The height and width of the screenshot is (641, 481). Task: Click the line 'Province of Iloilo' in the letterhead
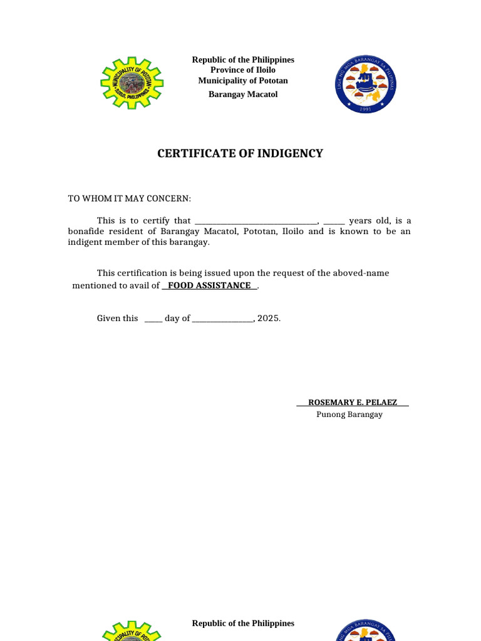coord(242,70)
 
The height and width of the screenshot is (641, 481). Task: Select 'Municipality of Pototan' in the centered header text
coord(243,81)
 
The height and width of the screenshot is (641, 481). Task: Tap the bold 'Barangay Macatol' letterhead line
coord(243,95)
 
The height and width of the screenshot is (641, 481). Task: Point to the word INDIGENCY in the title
coord(290,153)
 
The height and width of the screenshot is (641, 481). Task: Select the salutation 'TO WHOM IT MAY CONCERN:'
coord(130,198)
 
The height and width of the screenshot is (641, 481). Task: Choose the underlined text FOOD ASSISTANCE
coord(209,285)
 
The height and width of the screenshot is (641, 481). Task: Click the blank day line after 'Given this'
coord(153,319)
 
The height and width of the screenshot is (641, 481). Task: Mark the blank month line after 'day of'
coord(222,319)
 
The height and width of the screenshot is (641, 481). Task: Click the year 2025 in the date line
coord(268,318)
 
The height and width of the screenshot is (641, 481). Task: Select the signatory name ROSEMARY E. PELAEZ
coord(353,402)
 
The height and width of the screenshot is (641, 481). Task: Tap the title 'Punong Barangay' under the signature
coord(349,414)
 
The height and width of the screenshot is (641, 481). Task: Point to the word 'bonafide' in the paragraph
coord(85,232)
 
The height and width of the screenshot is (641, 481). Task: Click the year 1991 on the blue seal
coord(366,108)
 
